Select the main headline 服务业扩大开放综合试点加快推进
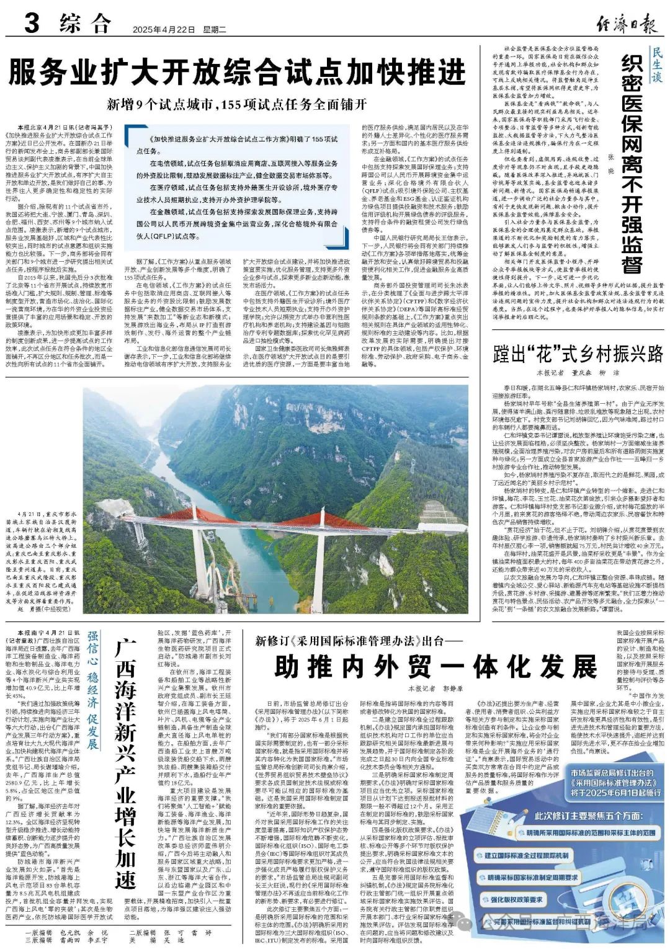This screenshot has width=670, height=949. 237,72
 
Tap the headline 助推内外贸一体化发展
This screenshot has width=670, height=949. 435,667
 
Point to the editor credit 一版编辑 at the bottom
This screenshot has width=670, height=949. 38,932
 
